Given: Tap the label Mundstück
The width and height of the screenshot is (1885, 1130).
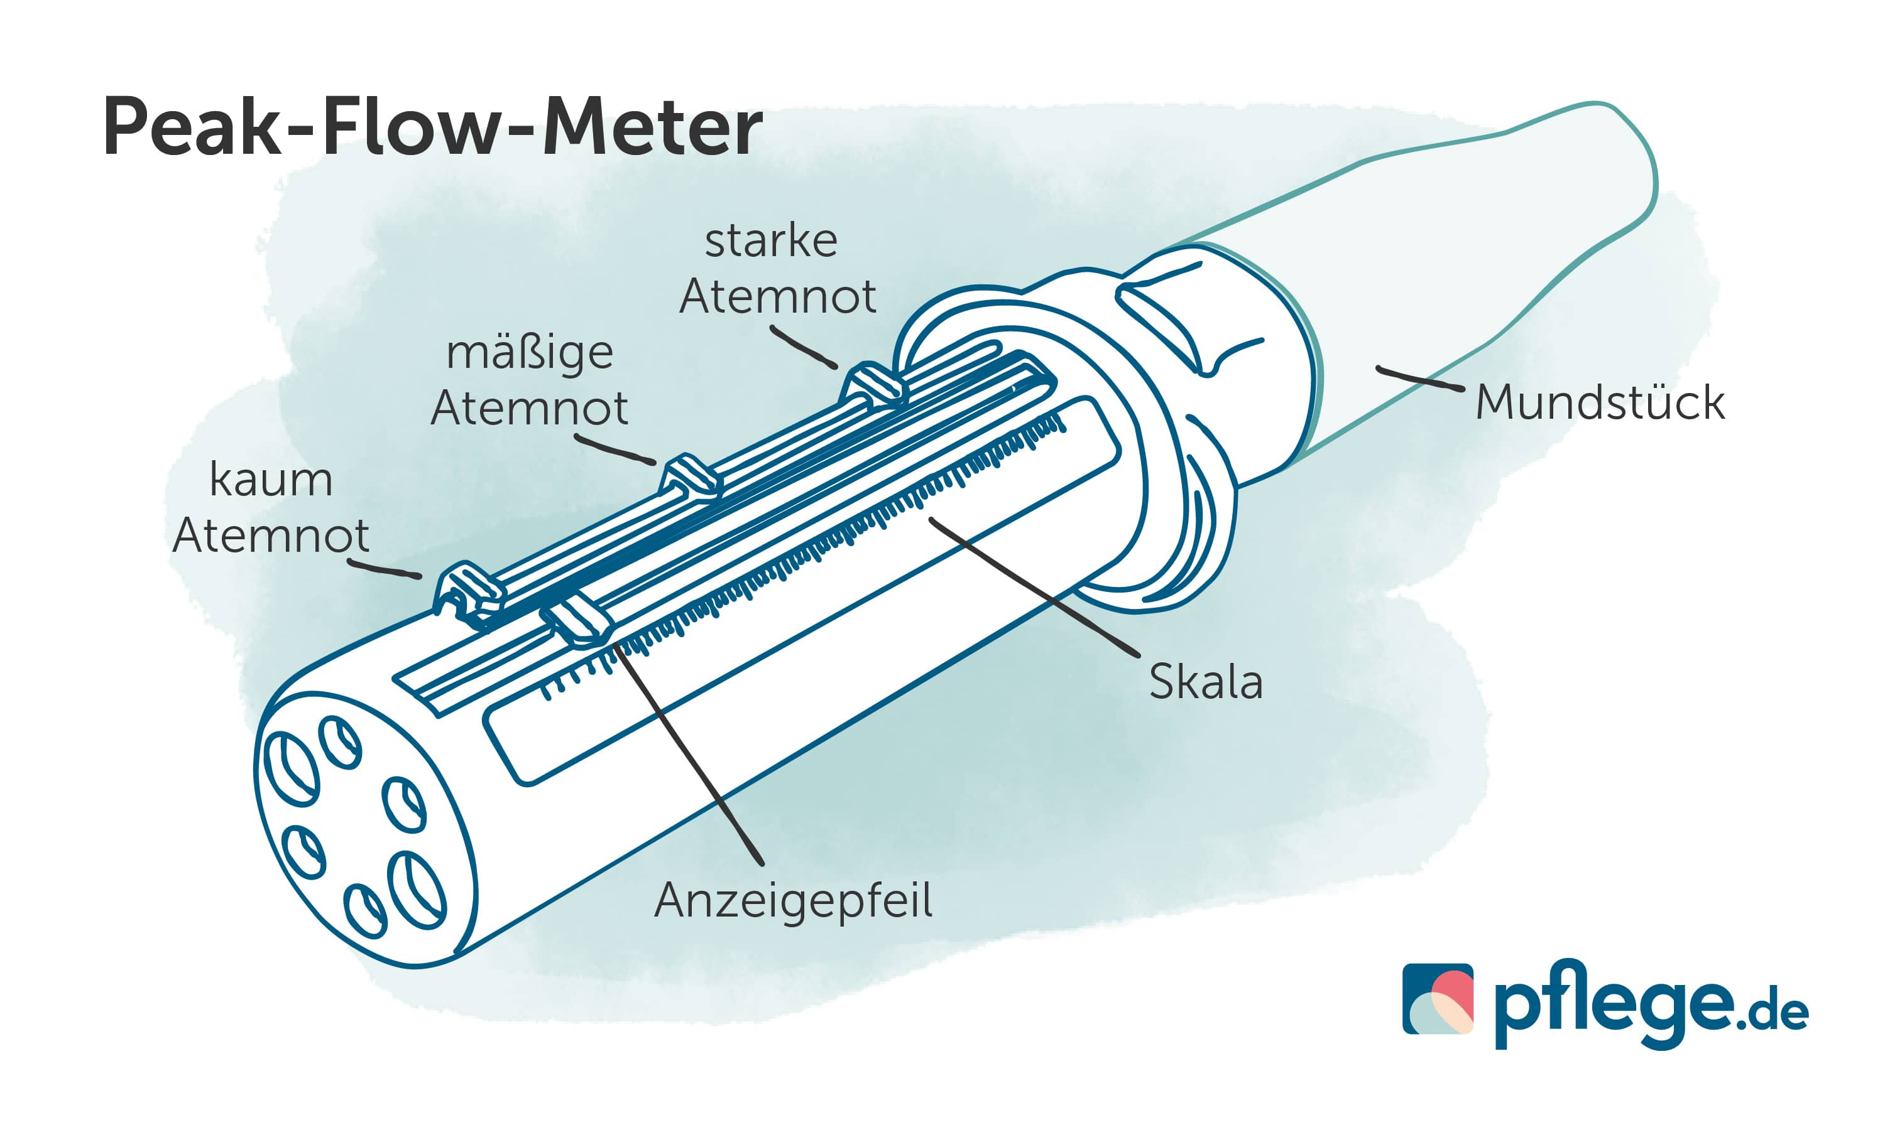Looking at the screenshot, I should point(1599,403).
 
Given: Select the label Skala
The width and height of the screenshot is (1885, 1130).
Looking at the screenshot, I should point(1205,682).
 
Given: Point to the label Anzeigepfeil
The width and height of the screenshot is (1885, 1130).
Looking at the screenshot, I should point(792,901).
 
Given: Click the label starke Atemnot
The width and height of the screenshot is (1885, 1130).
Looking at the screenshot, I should point(777,268).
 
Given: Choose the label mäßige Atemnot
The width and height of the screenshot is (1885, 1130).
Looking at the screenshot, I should point(529,380).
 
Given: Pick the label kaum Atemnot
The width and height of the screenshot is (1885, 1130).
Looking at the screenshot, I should point(270,507).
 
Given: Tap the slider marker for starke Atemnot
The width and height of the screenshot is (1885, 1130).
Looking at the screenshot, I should point(874,385).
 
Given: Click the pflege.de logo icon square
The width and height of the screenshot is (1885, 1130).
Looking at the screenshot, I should point(1437,998).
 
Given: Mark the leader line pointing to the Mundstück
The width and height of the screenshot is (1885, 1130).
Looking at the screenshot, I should point(1419,379).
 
